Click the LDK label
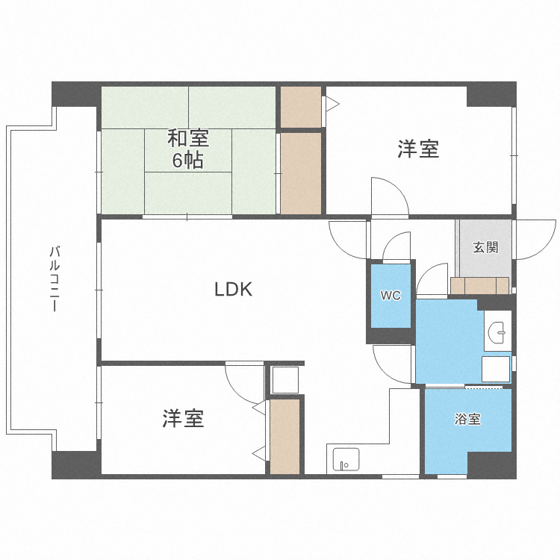[234, 290]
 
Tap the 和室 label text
[187, 139]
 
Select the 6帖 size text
[187, 160]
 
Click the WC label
[391, 296]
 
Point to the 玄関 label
[485, 248]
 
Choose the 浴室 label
[467, 420]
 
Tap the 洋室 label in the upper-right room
[417, 149]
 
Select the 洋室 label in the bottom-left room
[183, 419]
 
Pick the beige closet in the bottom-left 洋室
[284, 437]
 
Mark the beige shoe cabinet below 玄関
[479, 285]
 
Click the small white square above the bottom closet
[284, 379]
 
